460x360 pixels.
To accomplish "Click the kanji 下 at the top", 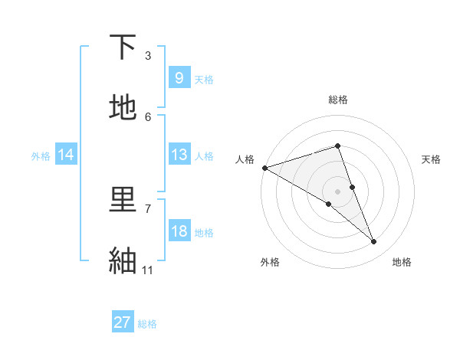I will click(123, 47).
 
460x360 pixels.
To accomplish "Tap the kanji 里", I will click(123, 201).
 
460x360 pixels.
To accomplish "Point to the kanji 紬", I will click(123, 261).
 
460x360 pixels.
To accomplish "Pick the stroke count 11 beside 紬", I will click(148, 270).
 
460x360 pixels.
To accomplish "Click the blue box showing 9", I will click(179, 78).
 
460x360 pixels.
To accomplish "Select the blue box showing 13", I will click(179, 155).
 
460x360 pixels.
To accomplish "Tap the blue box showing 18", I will click(179, 231).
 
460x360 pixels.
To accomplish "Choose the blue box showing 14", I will click(66, 155).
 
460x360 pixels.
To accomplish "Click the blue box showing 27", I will click(123, 322).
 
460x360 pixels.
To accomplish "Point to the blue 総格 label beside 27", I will click(147, 324).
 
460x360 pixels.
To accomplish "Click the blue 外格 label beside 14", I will click(41, 156).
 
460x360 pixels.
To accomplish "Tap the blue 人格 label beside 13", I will click(204, 156).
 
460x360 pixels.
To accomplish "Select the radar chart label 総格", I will click(338, 100).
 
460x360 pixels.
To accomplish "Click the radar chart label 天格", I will click(432, 159).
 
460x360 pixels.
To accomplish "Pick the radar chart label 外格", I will click(270, 262).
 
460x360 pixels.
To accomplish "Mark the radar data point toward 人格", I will click(264, 168).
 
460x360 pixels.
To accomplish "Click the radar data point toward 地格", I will click(374, 242).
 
